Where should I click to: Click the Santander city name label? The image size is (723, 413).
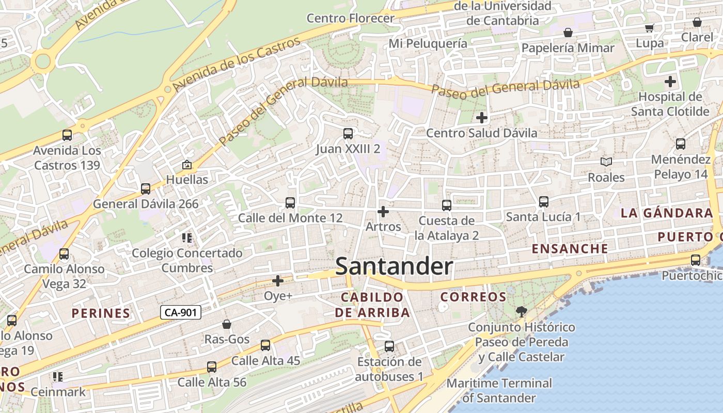[394, 267]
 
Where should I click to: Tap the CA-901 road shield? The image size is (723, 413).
[180, 312]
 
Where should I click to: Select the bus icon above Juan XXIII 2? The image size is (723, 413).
[348, 134]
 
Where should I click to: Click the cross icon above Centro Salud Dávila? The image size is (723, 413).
[482, 118]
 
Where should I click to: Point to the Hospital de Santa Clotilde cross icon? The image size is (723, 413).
[670, 82]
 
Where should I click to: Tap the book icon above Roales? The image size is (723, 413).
[606, 162]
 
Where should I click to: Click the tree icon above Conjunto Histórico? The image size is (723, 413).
[522, 311]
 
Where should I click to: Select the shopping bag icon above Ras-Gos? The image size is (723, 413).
[227, 324]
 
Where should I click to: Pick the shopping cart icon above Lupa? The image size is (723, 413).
[649, 28]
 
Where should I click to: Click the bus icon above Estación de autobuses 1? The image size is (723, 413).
[389, 346]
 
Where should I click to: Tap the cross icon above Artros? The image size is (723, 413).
[383, 212]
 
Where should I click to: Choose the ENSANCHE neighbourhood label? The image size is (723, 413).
[570, 249]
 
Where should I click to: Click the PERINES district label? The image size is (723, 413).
[101, 313]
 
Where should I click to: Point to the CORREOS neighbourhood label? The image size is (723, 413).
[473, 297]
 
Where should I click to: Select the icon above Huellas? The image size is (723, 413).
[187, 165]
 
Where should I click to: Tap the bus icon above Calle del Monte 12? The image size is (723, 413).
[290, 203]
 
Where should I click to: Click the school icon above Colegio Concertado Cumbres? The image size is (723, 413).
[187, 238]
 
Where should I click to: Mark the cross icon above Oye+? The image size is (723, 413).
[278, 281]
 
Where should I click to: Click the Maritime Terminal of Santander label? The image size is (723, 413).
[499, 390]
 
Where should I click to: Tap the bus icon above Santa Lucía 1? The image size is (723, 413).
[543, 202]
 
